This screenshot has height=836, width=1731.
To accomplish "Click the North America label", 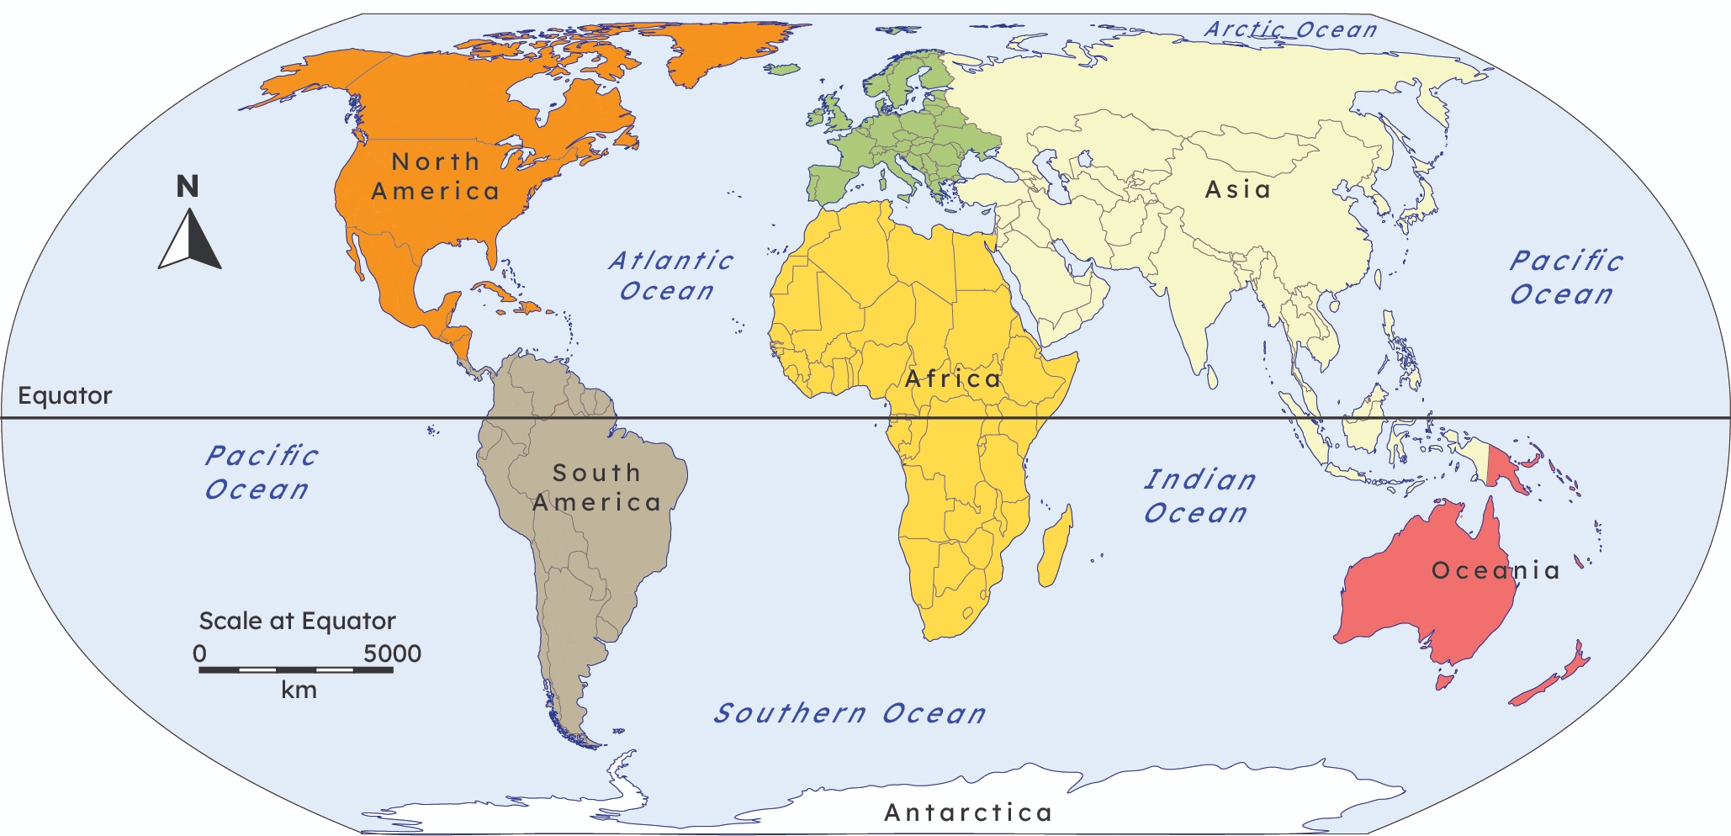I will tap(436, 177).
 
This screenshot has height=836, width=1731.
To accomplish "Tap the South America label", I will tap(596, 488).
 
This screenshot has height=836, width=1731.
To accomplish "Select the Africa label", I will tap(953, 379).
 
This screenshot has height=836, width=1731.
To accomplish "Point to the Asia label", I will tap(1237, 190).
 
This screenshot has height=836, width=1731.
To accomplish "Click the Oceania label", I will tap(1495, 571).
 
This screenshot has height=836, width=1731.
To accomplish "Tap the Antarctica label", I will tap(968, 812).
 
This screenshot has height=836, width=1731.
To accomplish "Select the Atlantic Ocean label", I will tap(670, 276).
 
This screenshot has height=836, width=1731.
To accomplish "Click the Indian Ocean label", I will tap(1199, 496).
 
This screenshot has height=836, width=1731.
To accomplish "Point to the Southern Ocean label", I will tap(850, 714).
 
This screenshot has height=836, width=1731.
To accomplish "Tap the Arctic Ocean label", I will tap(1290, 29).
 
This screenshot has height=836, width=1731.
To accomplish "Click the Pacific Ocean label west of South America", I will tap(261, 473).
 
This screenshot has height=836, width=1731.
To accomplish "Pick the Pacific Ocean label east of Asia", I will tap(1564, 278).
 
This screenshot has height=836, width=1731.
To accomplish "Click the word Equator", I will tap(65, 395).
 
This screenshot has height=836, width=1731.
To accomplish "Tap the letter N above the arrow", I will tap(188, 186).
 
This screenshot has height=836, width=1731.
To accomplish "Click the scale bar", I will tap(295, 669).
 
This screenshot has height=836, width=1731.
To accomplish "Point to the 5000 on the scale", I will tap(392, 653).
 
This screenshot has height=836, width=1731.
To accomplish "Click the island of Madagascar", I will tap(1055, 547).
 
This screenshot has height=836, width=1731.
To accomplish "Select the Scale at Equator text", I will tap(297, 621).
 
